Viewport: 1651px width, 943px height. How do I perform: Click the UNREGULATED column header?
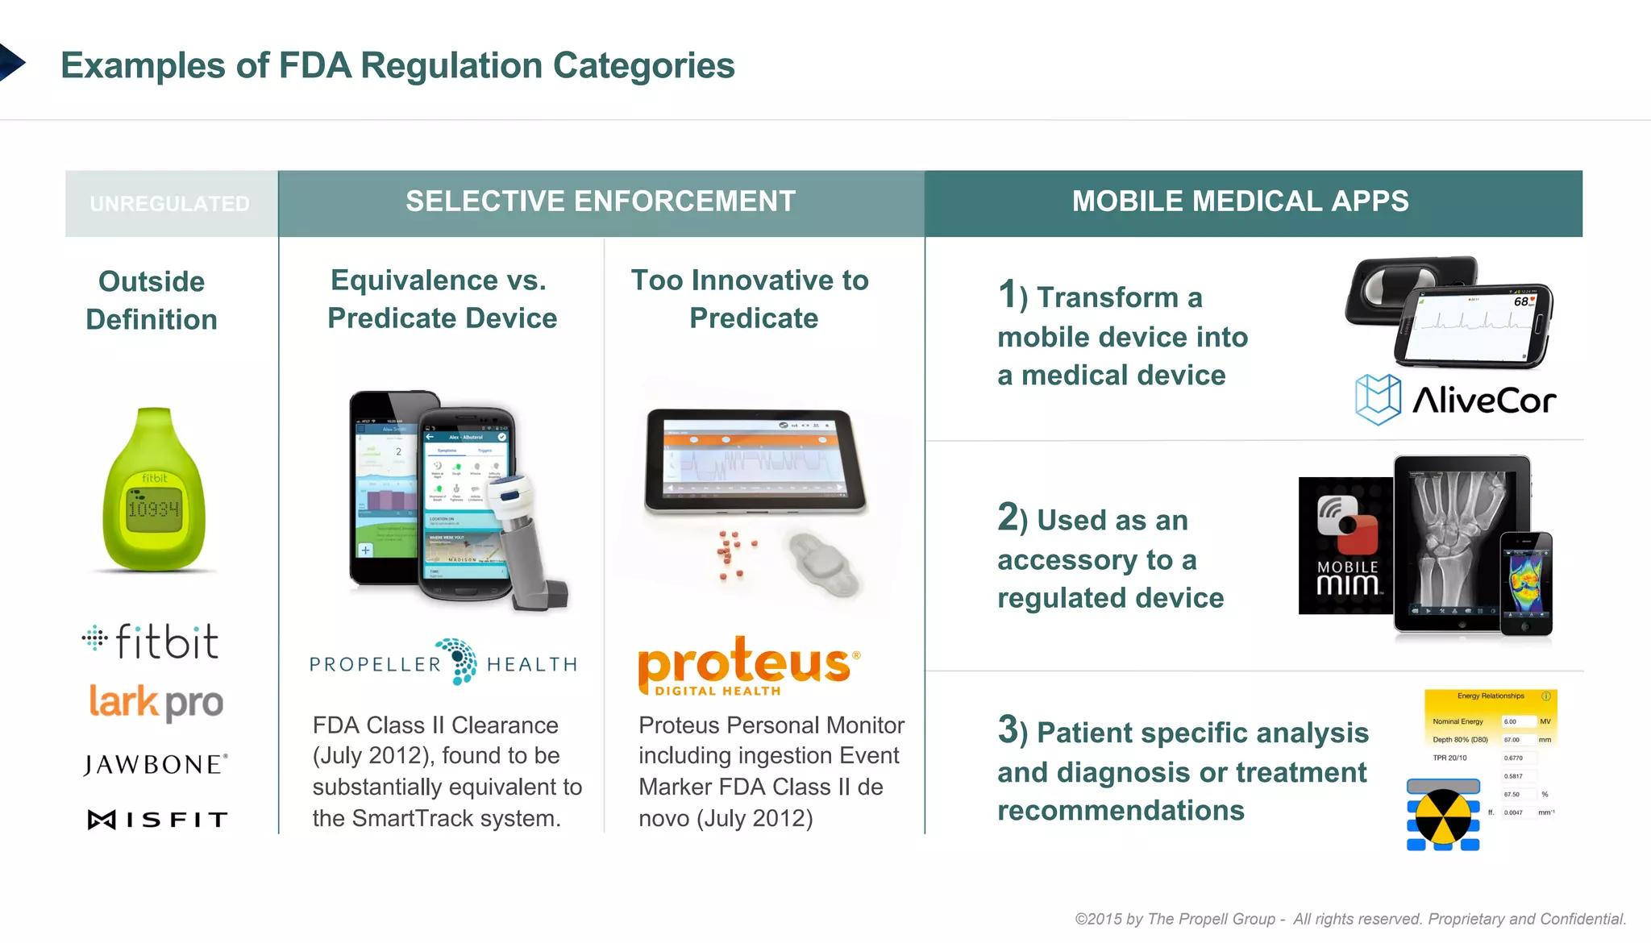[x=170, y=204]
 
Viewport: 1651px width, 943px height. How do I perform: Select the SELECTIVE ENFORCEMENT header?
[x=601, y=201]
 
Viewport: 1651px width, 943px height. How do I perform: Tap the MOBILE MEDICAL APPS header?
[x=1240, y=201]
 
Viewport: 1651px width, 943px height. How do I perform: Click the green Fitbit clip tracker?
[x=154, y=491]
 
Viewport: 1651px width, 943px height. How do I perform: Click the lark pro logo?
[x=156, y=703]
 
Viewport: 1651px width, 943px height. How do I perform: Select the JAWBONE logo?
[x=156, y=765]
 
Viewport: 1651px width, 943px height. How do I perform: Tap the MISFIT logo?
[x=158, y=820]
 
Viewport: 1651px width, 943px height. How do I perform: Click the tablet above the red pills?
[x=755, y=461]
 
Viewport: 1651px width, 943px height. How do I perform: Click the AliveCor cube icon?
[x=1377, y=399]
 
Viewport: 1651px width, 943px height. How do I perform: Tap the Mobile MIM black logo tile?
[x=1345, y=546]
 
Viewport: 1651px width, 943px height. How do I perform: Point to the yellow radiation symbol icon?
[x=1443, y=816]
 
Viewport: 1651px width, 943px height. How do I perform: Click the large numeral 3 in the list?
[x=1008, y=729]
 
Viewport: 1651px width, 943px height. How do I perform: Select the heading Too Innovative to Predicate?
[x=751, y=299]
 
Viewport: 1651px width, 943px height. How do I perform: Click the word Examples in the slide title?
[x=143, y=66]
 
